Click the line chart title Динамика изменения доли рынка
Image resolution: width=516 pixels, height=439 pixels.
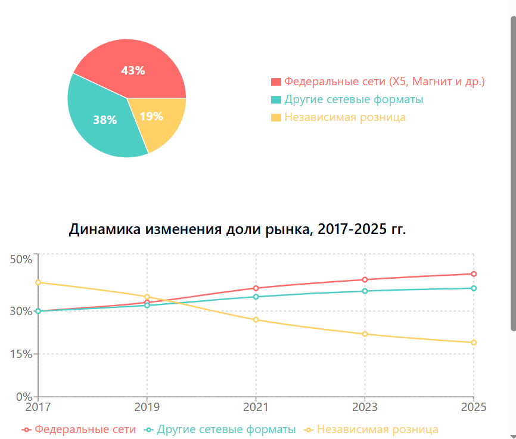pos(237,229)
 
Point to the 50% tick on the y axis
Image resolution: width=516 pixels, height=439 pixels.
pos(21,259)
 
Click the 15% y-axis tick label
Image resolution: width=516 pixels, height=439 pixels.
pos(21,354)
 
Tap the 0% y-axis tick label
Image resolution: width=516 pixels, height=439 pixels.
pos(23,397)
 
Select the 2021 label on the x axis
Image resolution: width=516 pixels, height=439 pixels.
pos(256,407)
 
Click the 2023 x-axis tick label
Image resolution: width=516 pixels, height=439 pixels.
pos(365,407)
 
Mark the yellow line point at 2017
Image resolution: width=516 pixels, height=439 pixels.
pos(38,282)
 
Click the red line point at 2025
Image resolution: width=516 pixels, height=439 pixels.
pos(474,274)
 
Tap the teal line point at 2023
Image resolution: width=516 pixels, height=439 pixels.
pos(365,291)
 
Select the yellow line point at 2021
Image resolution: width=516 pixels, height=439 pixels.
pos(256,320)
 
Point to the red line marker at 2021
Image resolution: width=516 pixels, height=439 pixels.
pos(256,288)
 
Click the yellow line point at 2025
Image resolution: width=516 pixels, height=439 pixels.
pos(474,343)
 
